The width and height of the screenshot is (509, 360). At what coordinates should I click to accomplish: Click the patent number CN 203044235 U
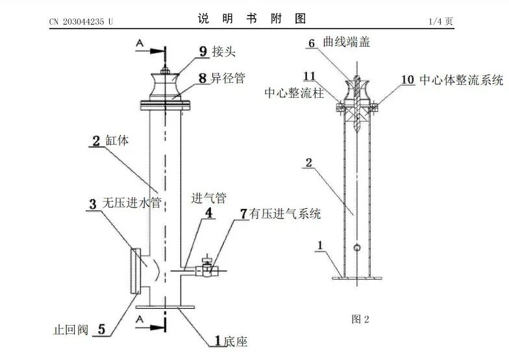pyautogui.click(x=81, y=21)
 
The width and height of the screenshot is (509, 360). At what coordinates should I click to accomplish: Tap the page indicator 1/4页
pyautogui.click(x=441, y=21)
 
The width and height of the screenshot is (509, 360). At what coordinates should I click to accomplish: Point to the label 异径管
pyautogui.click(x=231, y=79)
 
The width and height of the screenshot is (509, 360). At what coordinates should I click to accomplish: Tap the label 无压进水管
pyautogui.click(x=132, y=203)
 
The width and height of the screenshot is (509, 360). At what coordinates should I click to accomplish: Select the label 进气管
pyautogui.click(x=206, y=196)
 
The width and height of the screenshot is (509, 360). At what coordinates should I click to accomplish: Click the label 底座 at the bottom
pyautogui.click(x=236, y=341)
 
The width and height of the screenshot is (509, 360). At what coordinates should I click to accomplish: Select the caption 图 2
pyautogui.click(x=360, y=319)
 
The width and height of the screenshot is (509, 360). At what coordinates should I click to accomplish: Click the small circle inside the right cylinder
pyautogui.click(x=356, y=247)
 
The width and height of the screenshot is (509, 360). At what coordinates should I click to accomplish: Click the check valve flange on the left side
pyautogui.click(x=135, y=270)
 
